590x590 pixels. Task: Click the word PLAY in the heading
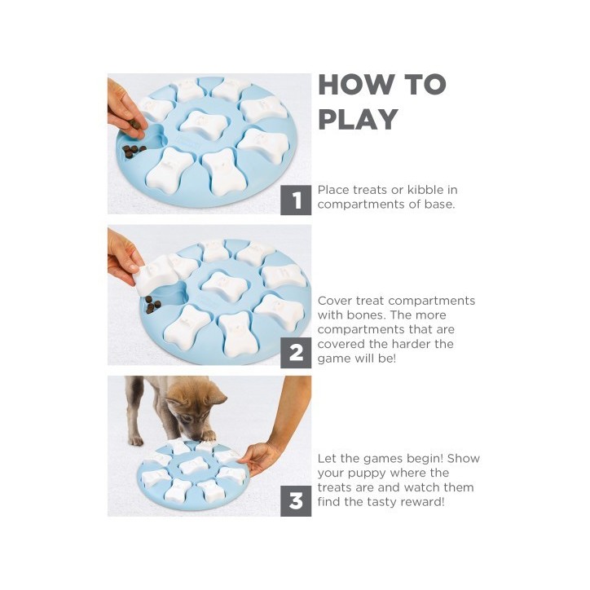359,119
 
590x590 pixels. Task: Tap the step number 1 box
296,200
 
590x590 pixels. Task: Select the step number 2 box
296,353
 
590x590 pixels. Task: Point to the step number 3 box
296,501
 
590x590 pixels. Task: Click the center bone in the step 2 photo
225,285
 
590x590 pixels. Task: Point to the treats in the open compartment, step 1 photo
134,151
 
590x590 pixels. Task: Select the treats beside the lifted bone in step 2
152,305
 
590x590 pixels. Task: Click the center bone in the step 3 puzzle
193,465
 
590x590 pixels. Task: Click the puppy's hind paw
136,440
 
